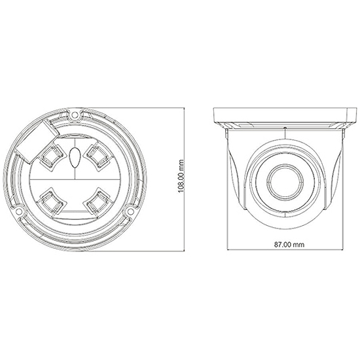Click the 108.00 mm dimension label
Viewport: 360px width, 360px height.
pos(181,176)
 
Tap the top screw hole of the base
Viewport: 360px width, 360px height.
pos(75,115)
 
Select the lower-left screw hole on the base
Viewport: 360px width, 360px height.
pos(18,211)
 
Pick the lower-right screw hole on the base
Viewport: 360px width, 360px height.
pos(130,211)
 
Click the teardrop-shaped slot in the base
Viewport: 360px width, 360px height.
pos(75,157)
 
